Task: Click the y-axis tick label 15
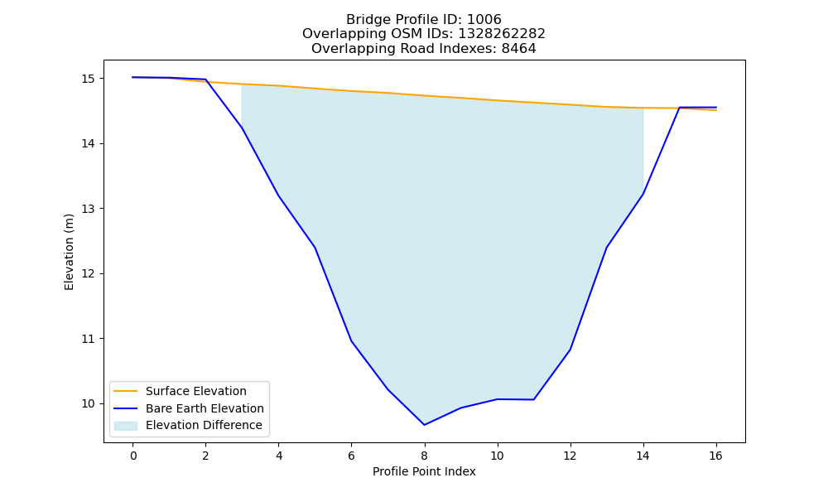click(x=89, y=79)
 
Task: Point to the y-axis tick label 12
click(x=89, y=273)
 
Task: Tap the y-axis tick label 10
click(x=89, y=403)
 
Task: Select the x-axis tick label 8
click(x=424, y=456)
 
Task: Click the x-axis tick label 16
click(x=715, y=456)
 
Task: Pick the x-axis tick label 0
click(x=133, y=456)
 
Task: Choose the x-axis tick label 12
click(x=570, y=456)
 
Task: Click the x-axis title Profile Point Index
click(x=424, y=471)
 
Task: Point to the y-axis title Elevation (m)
click(x=69, y=252)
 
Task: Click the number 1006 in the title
click(x=484, y=20)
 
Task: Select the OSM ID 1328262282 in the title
click(x=502, y=34)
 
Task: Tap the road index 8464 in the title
click(x=518, y=49)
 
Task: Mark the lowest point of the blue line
click(x=424, y=425)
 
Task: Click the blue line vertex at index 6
click(x=351, y=341)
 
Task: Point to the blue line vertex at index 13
click(x=606, y=248)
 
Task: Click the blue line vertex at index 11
click(x=533, y=399)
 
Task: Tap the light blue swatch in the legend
click(x=126, y=426)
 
